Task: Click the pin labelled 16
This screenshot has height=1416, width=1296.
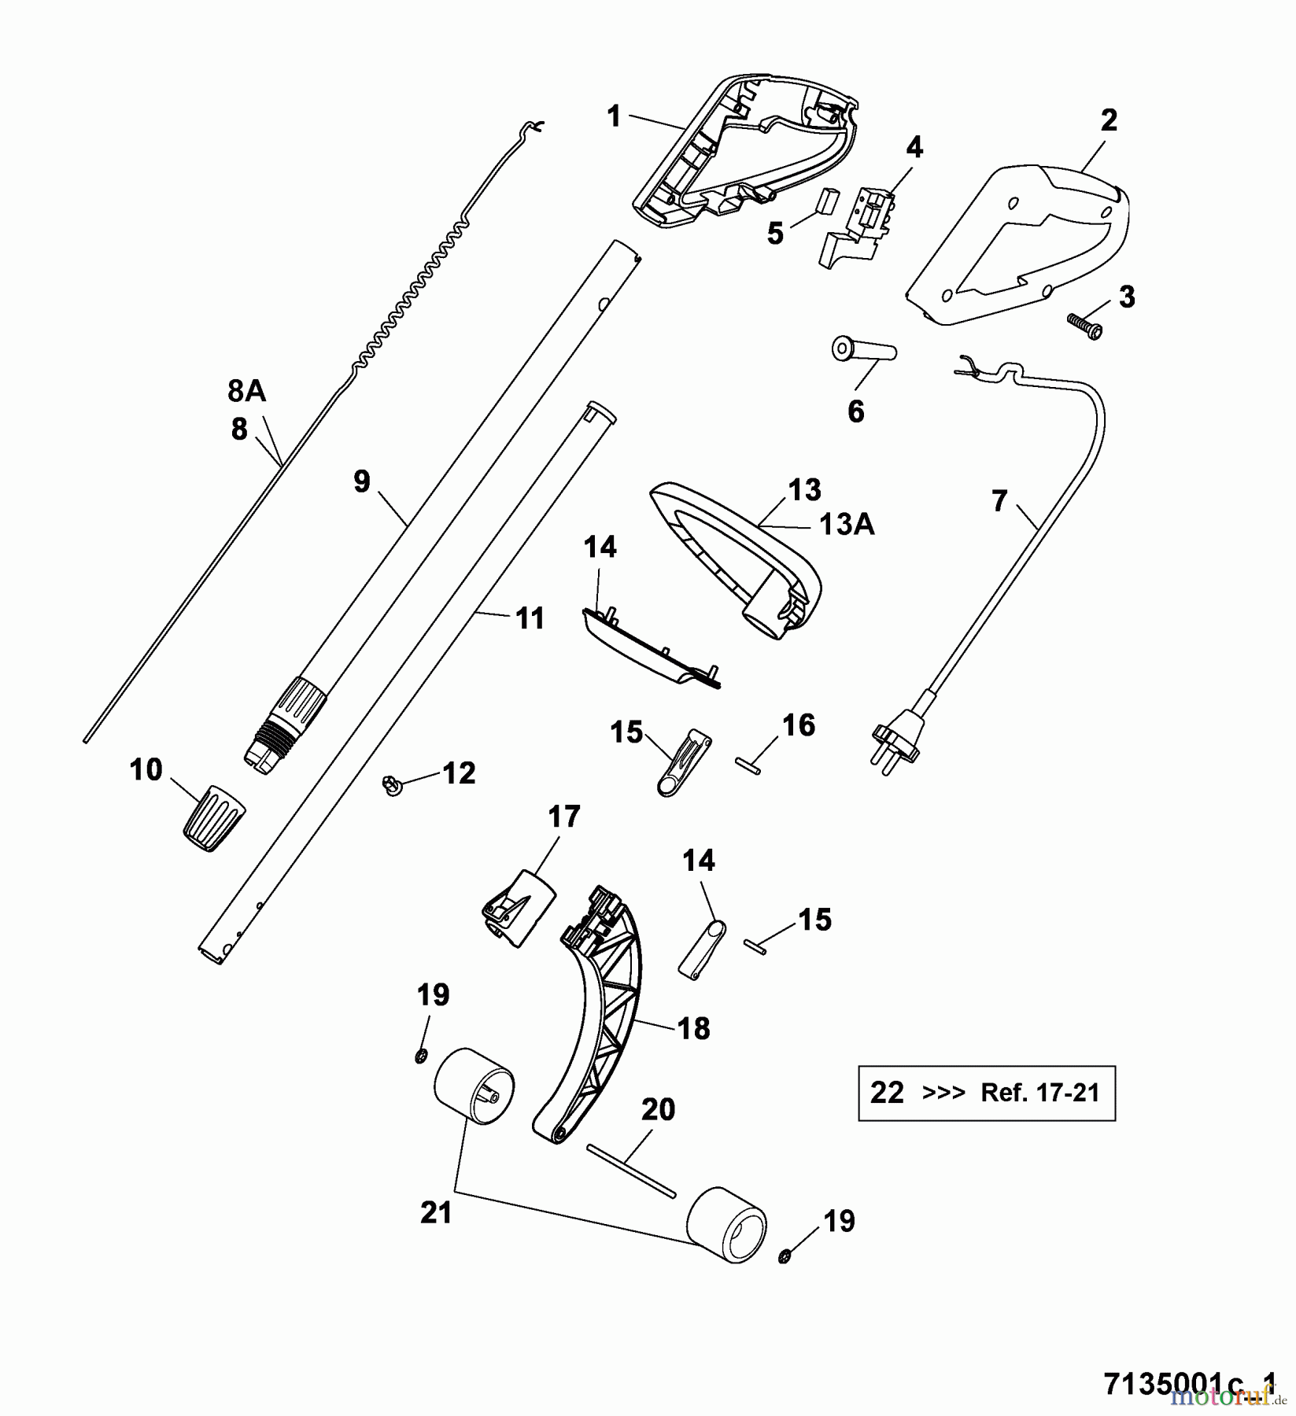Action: click(748, 765)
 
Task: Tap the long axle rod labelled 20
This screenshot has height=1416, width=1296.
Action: click(631, 1171)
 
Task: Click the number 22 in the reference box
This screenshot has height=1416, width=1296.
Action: click(887, 1092)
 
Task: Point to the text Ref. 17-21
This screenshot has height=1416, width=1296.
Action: click(1039, 1093)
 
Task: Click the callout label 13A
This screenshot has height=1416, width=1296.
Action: click(847, 525)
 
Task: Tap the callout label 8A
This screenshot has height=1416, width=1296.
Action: click(246, 391)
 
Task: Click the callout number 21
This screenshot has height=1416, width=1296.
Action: click(436, 1212)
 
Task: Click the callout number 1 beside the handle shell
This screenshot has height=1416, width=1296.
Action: click(614, 117)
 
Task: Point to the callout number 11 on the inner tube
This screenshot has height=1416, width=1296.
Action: click(530, 618)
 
